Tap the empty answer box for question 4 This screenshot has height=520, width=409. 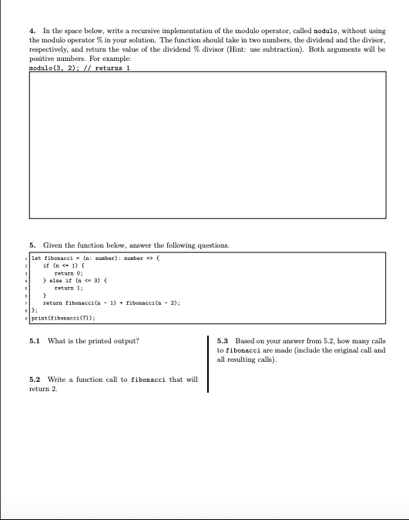(x=204, y=144)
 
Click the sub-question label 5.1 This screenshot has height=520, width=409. (x=33, y=340)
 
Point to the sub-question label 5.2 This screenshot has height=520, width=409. (x=33, y=380)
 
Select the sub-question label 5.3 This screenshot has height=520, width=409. (x=223, y=340)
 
